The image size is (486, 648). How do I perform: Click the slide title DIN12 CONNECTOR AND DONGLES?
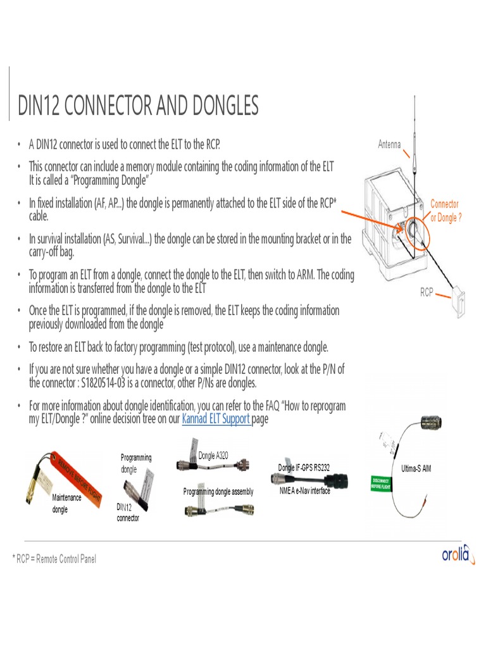click(138, 106)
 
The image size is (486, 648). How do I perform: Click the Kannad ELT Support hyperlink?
click(216, 418)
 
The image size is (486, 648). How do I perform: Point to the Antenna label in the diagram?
click(389, 144)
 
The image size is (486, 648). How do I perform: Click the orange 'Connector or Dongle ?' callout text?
click(444, 211)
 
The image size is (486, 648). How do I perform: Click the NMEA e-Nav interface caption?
click(305, 490)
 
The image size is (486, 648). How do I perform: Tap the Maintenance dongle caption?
click(66, 502)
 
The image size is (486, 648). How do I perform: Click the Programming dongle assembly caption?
click(218, 492)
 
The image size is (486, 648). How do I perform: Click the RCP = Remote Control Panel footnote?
click(56, 559)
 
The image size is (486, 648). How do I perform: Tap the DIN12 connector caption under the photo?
click(128, 513)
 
